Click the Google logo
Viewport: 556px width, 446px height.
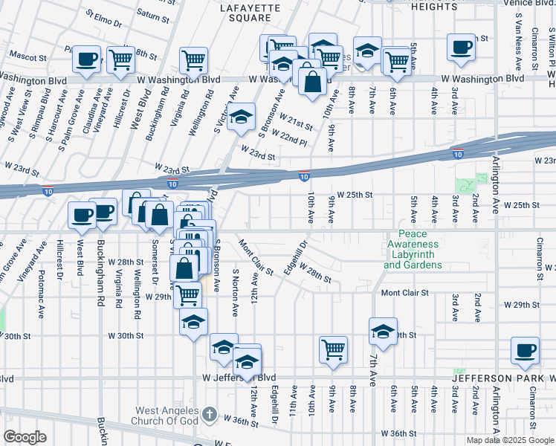click(x=25, y=437)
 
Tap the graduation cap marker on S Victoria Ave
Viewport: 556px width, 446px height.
click(x=240, y=117)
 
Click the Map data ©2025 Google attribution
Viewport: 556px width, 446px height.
click(x=510, y=440)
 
